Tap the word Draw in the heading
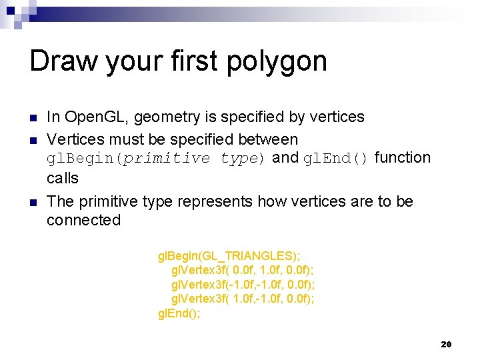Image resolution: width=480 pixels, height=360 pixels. (63, 61)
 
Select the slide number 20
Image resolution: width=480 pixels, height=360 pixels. (447, 344)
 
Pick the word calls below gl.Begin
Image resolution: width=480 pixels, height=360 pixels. (63, 178)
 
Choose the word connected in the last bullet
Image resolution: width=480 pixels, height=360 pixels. (84, 220)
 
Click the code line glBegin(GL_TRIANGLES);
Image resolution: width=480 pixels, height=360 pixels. (229, 256)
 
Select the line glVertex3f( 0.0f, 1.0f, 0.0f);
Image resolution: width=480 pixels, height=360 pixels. (243, 270)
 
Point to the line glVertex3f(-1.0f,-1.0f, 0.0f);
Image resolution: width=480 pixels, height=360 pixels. (243, 285)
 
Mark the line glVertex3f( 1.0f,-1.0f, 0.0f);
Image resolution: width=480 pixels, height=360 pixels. (243, 299)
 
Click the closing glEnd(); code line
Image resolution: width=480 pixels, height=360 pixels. (179, 313)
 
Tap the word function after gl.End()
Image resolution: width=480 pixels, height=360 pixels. (403, 158)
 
